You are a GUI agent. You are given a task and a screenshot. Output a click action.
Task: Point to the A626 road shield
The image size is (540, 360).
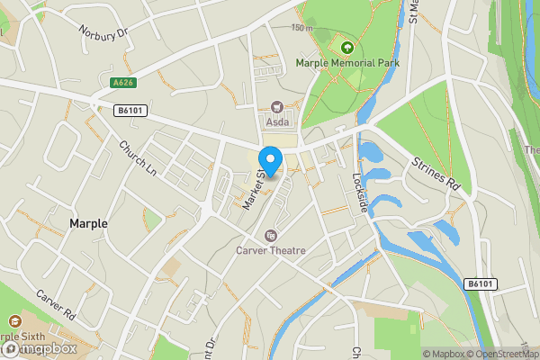tap(123, 83)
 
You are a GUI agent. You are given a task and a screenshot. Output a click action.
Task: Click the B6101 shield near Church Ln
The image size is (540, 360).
tap(131, 111)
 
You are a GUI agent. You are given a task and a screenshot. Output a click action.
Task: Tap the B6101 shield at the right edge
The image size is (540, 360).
tap(481, 283)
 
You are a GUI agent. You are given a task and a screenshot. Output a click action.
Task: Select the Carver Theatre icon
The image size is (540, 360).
tap(270, 236)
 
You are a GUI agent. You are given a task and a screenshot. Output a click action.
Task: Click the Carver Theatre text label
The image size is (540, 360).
tap(271, 251)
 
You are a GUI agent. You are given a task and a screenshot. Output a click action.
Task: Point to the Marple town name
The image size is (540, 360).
tap(88, 223)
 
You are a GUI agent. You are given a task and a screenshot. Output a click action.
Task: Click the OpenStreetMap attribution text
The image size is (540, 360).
tap(500, 354)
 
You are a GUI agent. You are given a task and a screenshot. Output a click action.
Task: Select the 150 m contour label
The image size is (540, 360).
tap(301, 28)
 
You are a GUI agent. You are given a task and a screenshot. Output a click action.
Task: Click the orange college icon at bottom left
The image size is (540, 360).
tap(13, 320)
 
